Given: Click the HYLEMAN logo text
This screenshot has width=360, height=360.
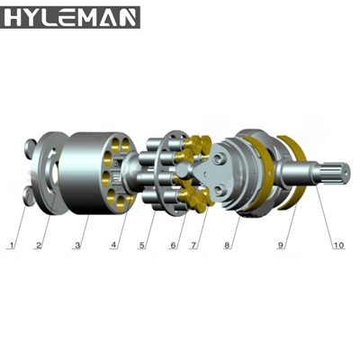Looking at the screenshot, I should coord(71,17).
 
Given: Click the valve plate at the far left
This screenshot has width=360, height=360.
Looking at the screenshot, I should coord(42,171).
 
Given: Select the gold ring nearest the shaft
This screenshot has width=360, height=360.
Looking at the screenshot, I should coord(292,171).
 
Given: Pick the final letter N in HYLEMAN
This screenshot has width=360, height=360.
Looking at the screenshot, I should coord(129,17).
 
